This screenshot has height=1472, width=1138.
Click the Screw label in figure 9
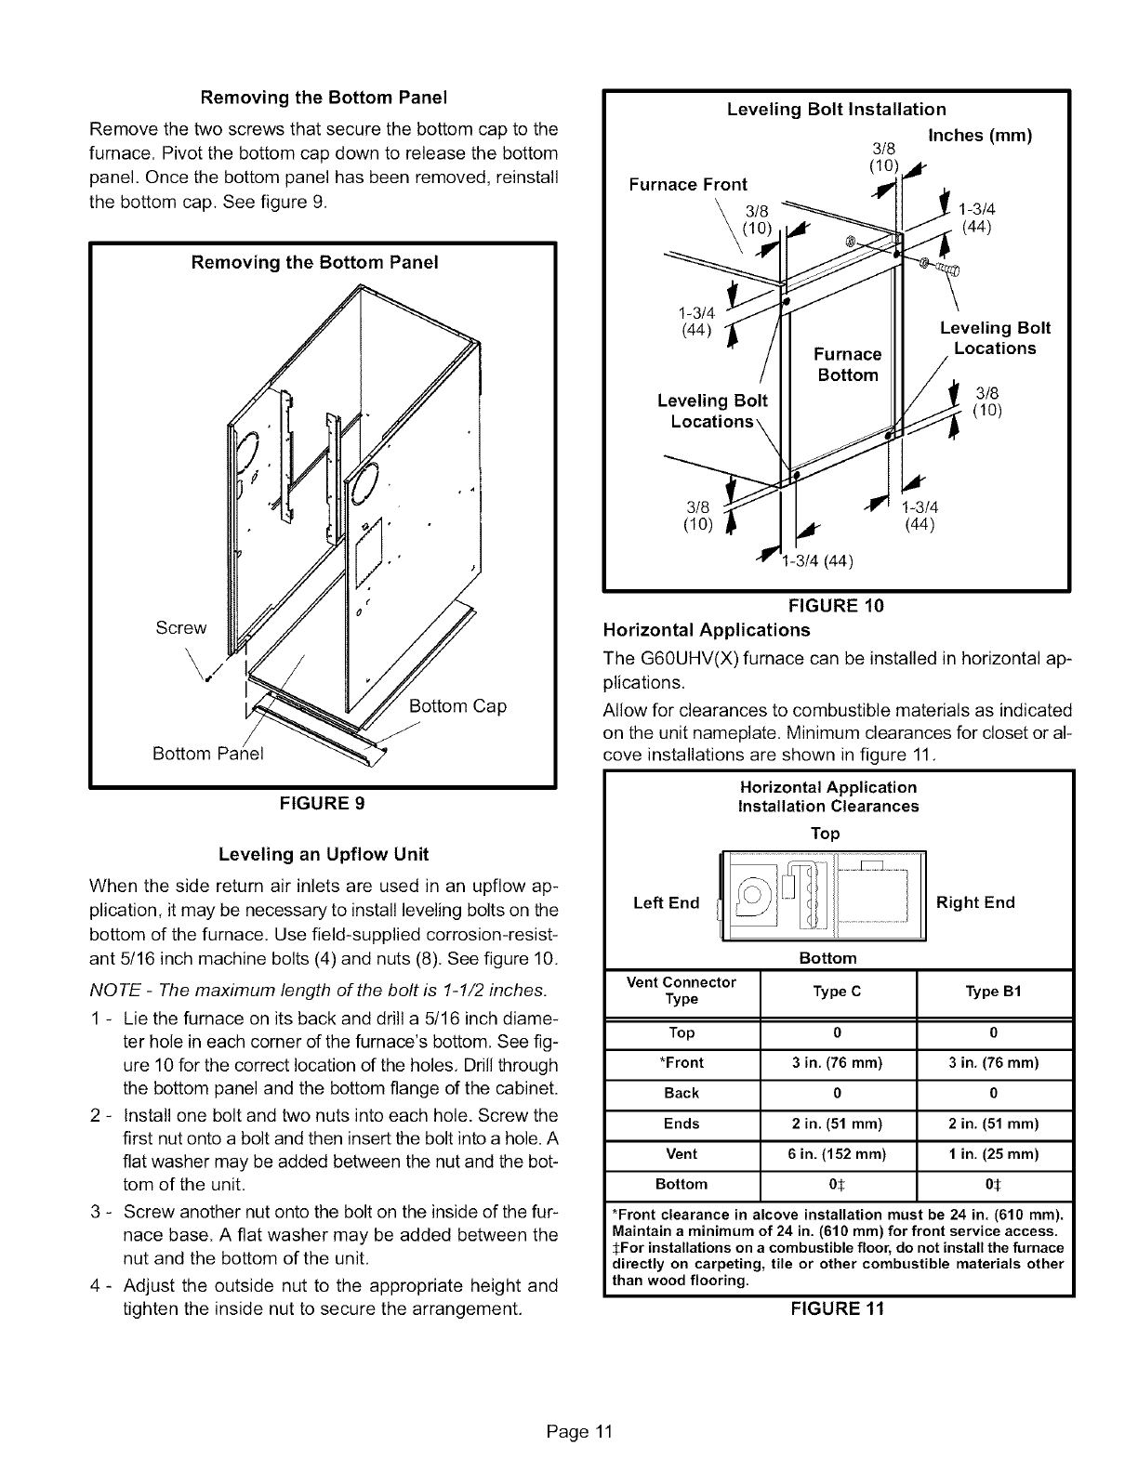point(181,627)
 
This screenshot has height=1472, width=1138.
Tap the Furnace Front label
point(687,184)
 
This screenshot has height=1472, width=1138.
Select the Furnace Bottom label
point(847,364)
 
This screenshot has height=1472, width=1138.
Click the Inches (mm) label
point(982,135)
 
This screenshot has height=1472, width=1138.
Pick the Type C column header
point(837,991)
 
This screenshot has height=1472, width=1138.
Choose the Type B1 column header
point(994,991)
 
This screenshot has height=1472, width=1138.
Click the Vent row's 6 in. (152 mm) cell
point(837,1153)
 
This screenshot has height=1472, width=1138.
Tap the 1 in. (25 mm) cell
point(994,1153)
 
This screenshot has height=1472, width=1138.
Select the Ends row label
point(681,1124)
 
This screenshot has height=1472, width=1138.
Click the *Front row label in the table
point(681,1062)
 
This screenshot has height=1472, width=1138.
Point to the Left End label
point(666,902)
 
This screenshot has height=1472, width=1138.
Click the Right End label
point(975,902)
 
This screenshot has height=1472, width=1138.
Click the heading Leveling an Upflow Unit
point(323,853)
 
